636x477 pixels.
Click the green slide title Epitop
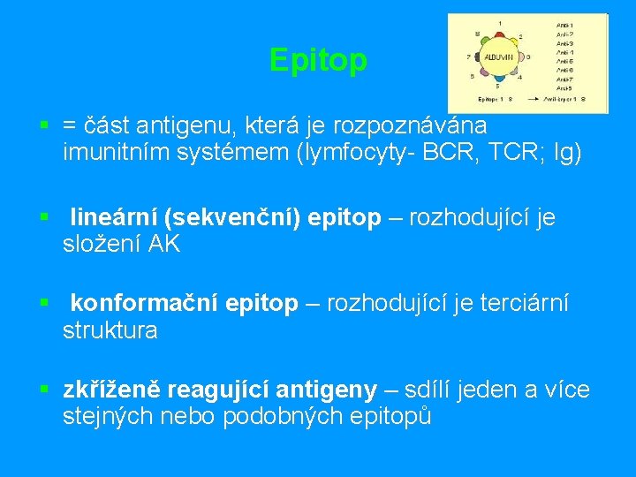[318, 60]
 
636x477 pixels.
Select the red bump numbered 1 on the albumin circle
[500, 34]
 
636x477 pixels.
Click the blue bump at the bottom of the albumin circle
[499, 79]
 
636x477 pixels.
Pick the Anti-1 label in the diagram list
[565, 24]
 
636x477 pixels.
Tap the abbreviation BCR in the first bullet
[454, 153]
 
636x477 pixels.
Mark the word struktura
[110, 330]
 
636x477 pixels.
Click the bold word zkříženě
[111, 389]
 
